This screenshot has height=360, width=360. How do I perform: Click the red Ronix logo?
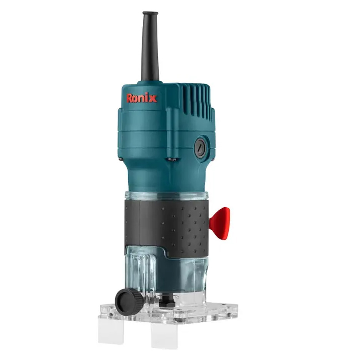tap(142, 98)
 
